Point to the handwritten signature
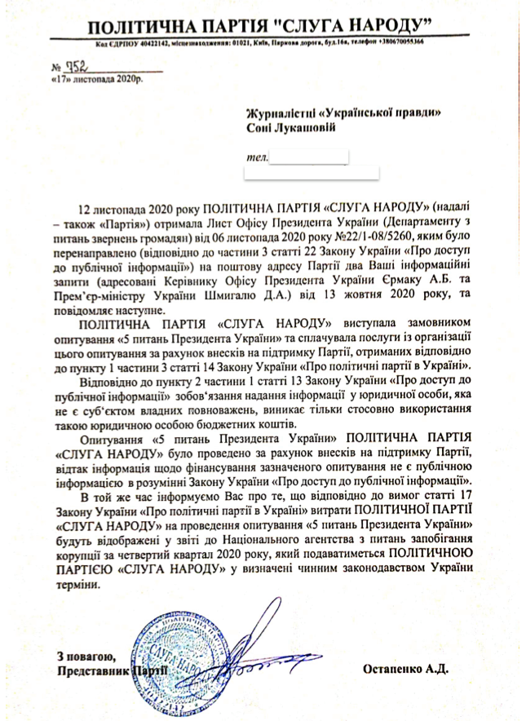coord(269,644)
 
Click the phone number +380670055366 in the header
coord(396,42)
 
